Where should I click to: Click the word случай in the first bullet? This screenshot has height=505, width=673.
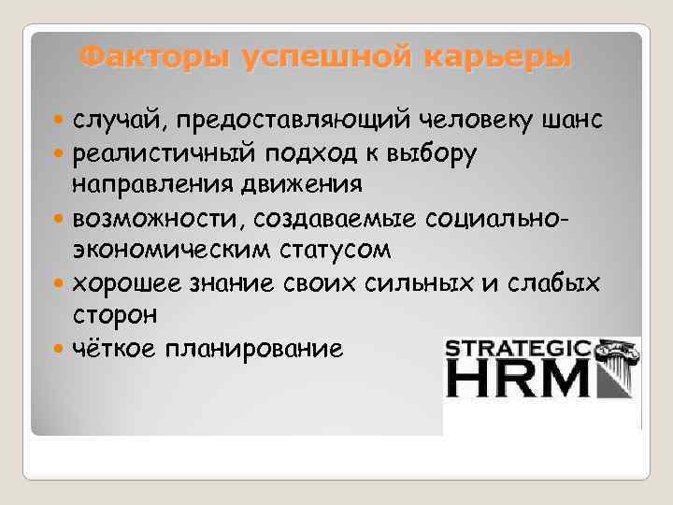(x=123, y=120)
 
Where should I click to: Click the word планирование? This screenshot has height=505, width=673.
(x=253, y=349)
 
